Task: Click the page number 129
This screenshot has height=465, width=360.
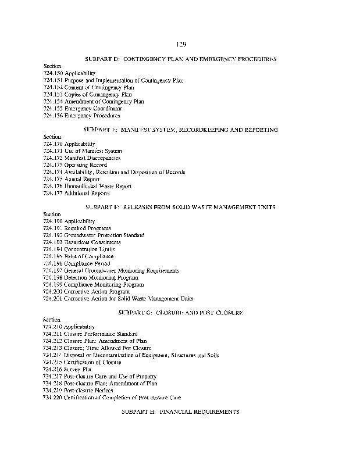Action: [x=180, y=44]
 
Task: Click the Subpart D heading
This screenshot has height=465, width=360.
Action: [x=180, y=59]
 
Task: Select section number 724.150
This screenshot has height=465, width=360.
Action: [x=53, y=73]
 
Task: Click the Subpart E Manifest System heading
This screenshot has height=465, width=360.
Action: [x=180, y=129]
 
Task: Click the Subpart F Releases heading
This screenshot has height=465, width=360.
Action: [x=180, y=207]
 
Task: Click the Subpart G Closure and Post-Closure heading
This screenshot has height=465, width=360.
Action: [x=180, y=313]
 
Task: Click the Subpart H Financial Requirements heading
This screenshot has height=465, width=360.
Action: [x=180, y=411]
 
